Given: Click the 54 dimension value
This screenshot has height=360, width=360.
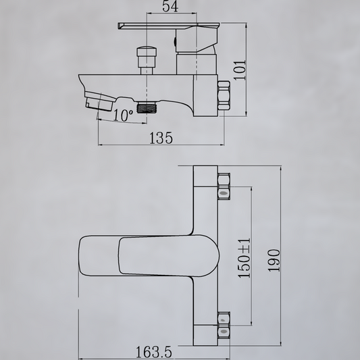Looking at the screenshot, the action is (x=170, y=6).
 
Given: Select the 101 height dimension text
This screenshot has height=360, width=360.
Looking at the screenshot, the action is (x=240, y=70).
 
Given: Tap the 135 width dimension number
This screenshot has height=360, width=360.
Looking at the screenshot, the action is (x=161, y=138).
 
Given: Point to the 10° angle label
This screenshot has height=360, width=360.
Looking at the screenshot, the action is (x=124, y=115).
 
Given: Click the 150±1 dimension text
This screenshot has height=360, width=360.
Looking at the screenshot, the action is (x=244, y=258).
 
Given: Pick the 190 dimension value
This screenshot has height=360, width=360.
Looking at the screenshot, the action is (x=274, y=261).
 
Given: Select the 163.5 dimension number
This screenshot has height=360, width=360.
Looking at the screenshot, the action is (x=153, y=352).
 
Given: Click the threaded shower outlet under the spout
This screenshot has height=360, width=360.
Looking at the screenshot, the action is (x=147, y=107).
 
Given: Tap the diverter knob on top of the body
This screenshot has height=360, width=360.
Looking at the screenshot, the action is (x=147, y=61).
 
